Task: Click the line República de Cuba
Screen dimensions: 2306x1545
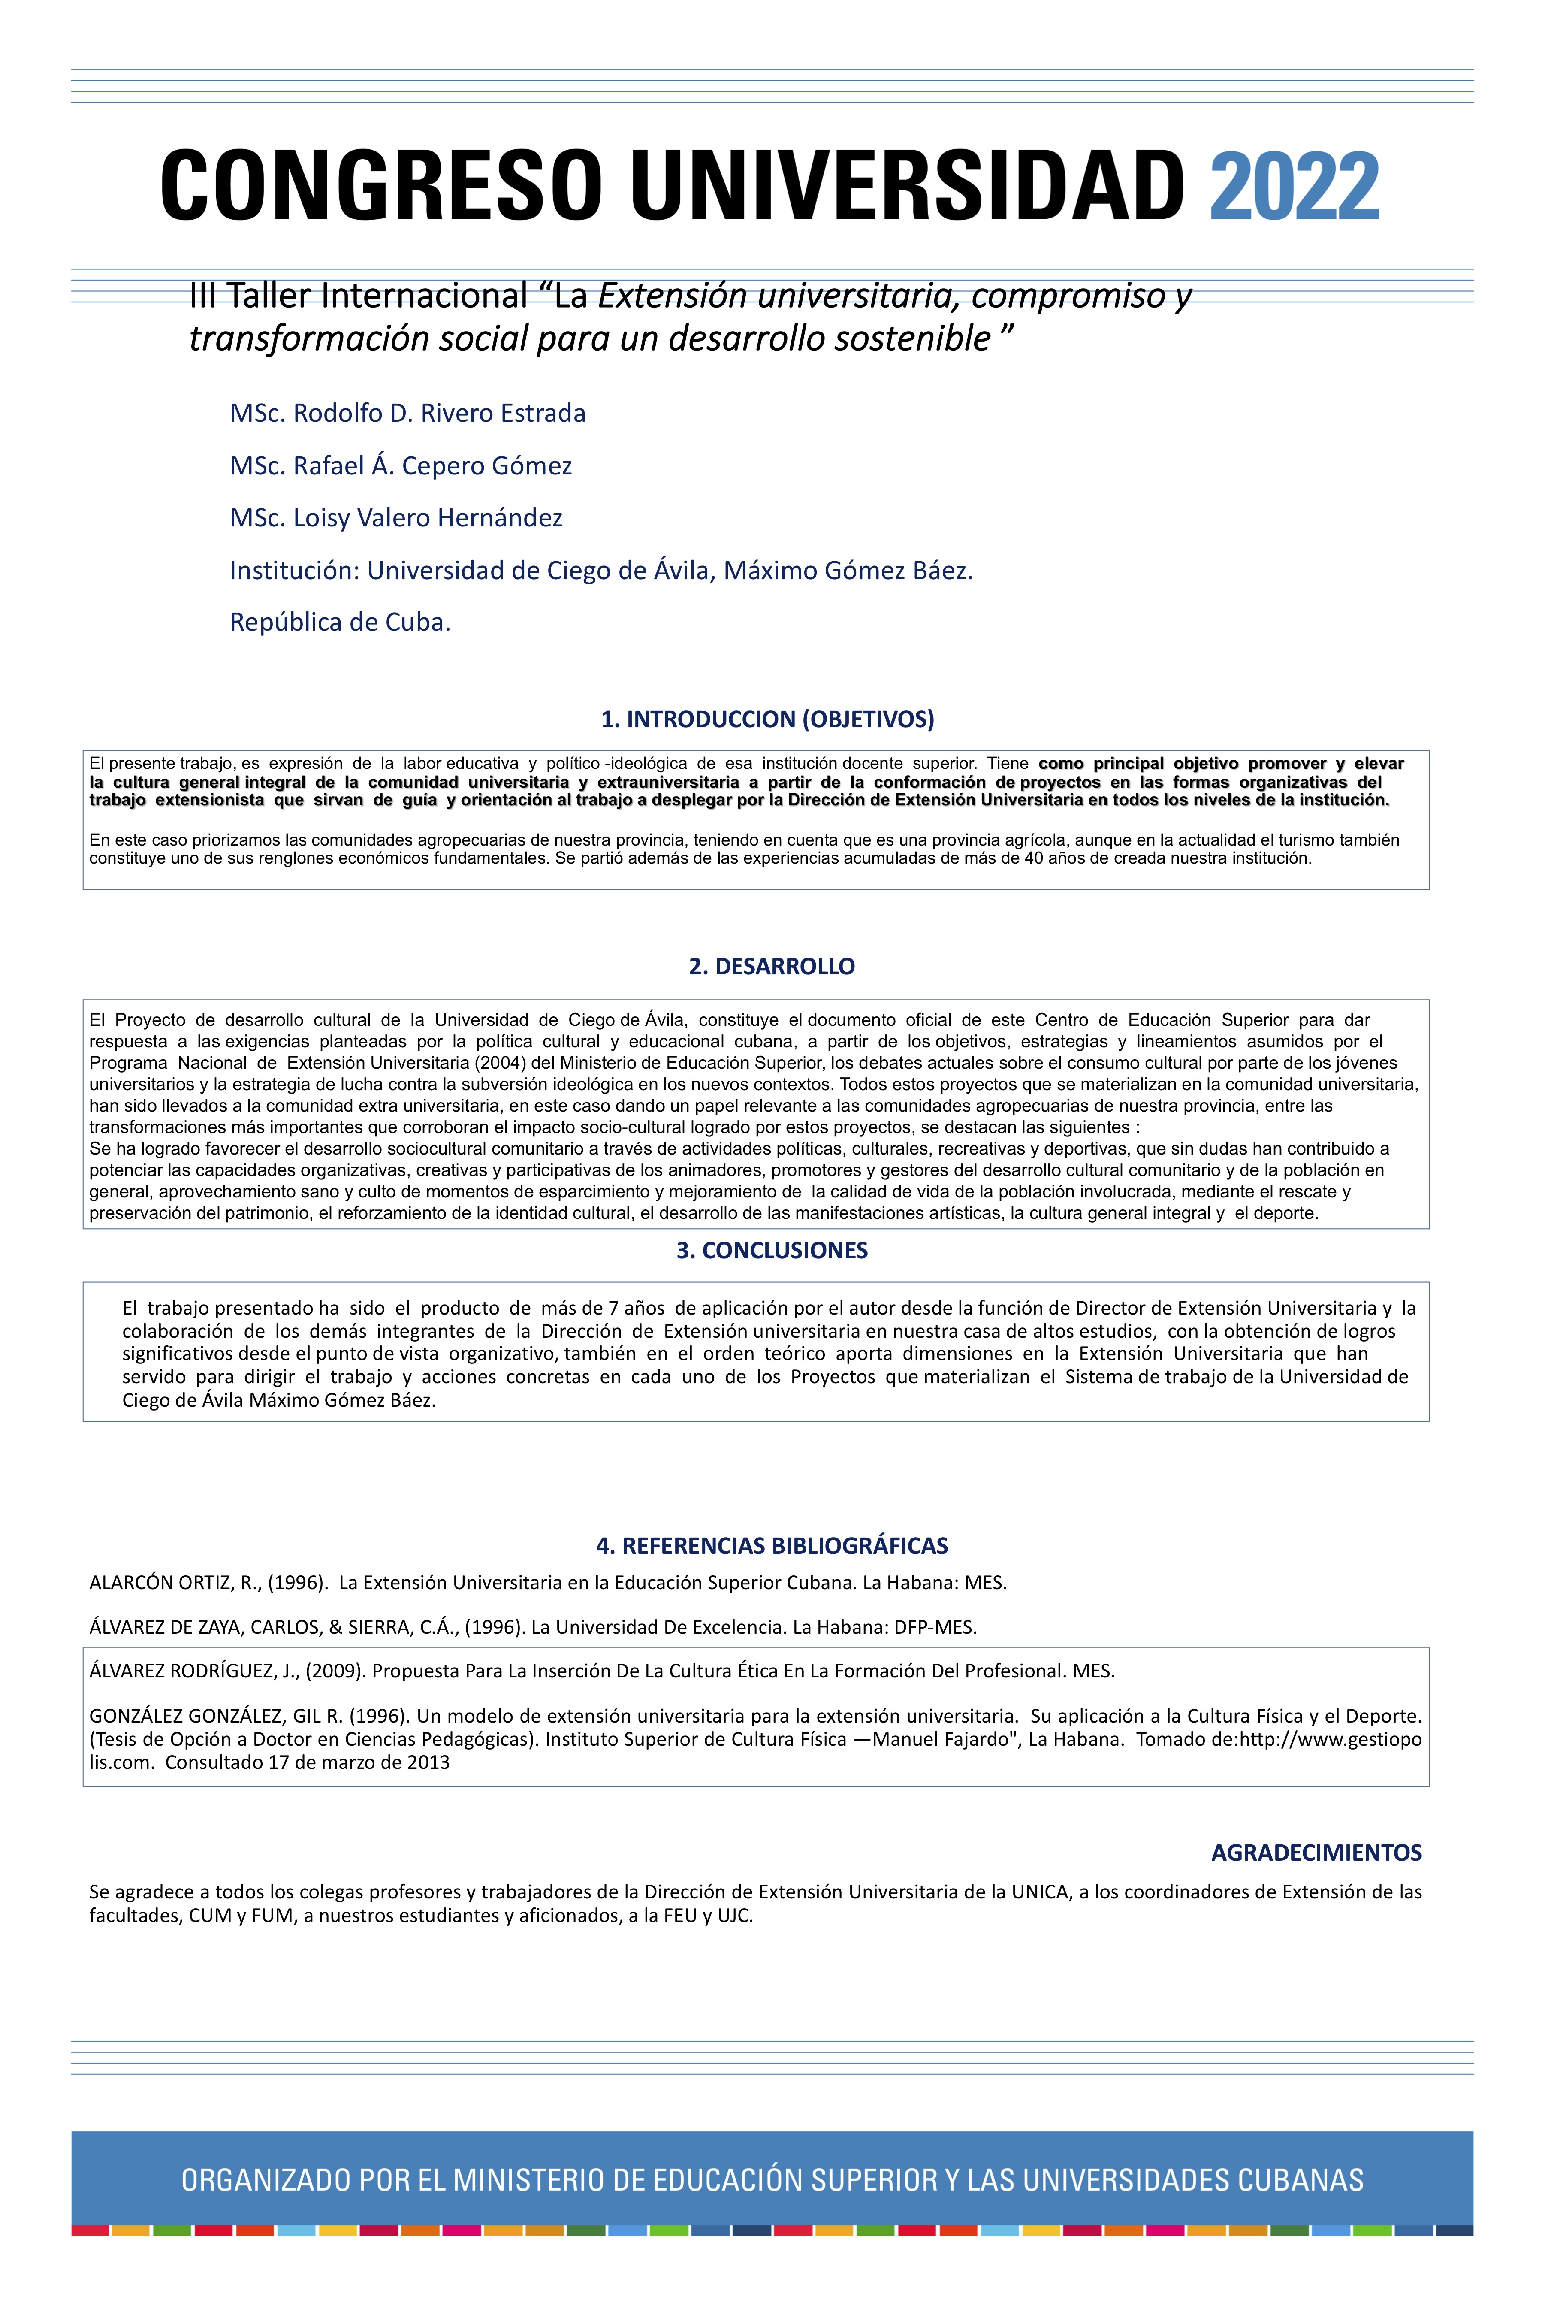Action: pos(340,622)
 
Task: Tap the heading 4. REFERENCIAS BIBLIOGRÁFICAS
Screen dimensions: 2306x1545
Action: pos(772,1545)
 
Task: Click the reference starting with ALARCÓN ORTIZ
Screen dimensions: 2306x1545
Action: pos(548,1583)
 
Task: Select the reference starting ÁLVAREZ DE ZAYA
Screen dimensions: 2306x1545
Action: pos(532,1627)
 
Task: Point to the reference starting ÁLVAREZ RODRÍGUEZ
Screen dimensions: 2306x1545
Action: pos(601,1671)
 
